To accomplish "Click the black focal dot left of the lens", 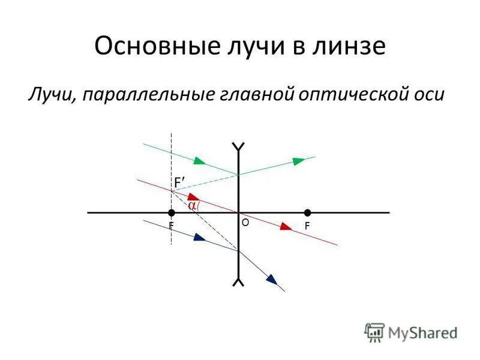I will point(172,212).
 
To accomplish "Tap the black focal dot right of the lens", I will point(307,212).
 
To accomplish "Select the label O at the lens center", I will point(245,222).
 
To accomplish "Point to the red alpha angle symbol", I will point(192,205).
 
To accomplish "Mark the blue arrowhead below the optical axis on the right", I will point(272,280).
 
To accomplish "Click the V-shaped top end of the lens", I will point(239,146).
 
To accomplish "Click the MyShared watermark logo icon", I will point(375,331).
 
